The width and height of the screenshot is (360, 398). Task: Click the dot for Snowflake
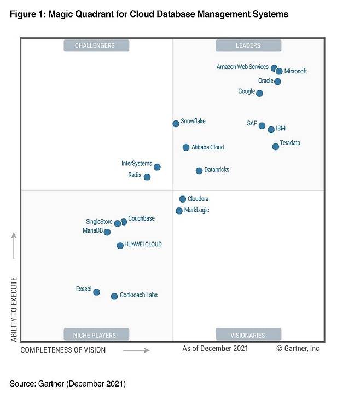point(176,124)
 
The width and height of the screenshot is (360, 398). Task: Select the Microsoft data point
point(279,71)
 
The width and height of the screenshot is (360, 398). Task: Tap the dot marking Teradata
point(275,147)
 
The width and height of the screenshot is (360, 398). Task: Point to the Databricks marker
point(199,171)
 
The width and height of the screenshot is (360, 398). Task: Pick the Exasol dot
point(96,292)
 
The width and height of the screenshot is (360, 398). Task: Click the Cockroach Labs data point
point(114,296)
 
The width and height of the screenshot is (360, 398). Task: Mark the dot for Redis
point(147,177)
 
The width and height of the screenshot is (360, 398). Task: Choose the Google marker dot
point(259,93)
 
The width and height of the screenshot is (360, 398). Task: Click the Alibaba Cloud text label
point(207,147)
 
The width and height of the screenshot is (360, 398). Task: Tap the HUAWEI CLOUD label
point(143,245)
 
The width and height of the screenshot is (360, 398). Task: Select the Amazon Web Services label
point(242,67)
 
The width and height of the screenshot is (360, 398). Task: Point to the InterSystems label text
point(136,164)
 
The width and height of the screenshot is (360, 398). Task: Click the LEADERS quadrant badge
point(248,45)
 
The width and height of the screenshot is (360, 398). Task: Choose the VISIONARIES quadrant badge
point(248,334)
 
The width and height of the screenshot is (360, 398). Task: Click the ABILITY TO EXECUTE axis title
point(14,309)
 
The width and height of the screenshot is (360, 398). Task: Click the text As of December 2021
point(215,348)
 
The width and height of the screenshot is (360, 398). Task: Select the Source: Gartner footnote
point(68,383)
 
